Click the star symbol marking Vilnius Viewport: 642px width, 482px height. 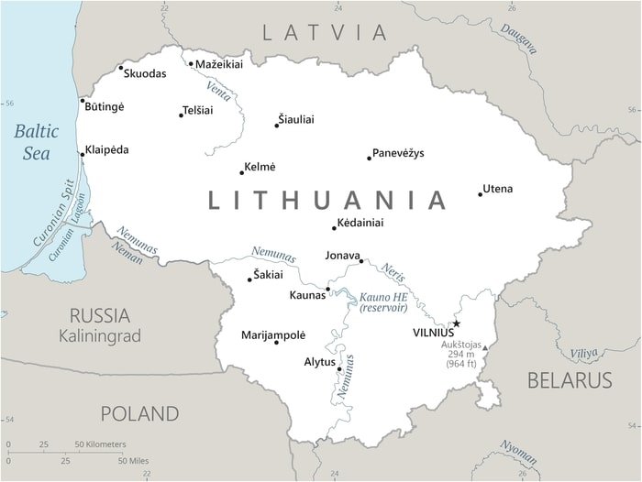pos(456,323)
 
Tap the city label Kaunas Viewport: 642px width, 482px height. pos(307,295)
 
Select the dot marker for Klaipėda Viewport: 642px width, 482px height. pos(82,155)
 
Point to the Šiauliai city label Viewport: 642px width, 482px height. pos(295,119)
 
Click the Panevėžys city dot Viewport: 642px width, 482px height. pos(369,159)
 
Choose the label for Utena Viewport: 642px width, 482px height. pos(498,189)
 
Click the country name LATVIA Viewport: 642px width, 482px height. pos(325,33)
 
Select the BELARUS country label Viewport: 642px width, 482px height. pos(569,379)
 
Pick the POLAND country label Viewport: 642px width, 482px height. pos(139,413)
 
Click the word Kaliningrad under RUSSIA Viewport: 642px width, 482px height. pos(100,336)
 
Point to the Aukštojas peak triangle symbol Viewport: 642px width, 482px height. pos(485,347)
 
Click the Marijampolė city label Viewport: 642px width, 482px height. pos(273,334)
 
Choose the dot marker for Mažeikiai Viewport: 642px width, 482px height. pos(191,64)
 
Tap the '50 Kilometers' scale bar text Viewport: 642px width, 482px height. pos(100,444)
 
